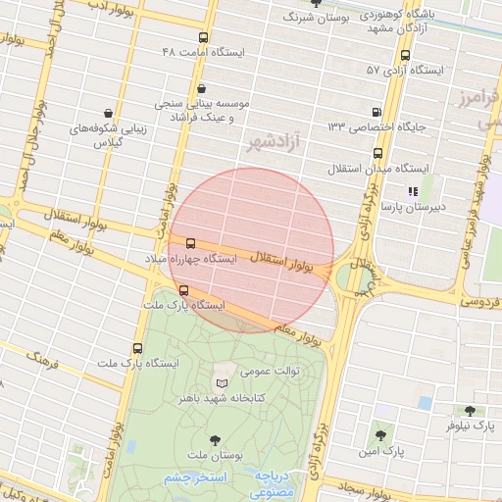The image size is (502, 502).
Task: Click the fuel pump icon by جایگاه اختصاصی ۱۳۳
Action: tap(376, 111)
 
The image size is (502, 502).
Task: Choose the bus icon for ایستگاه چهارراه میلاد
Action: tap(190, 243)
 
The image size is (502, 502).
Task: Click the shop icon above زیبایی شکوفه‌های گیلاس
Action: tap(105, 112)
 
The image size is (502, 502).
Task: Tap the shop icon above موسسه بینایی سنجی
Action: tap(201, 88)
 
